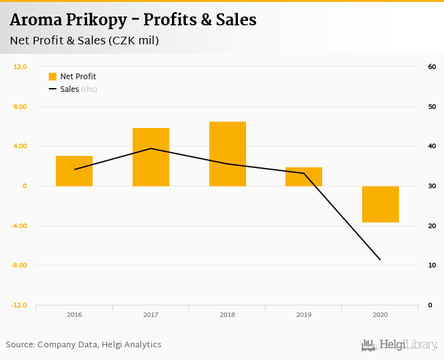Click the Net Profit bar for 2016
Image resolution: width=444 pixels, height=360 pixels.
tap(74, 171)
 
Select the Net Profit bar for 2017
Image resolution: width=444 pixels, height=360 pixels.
tap(151, 157)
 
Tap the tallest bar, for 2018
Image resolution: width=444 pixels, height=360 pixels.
tap(228, 154)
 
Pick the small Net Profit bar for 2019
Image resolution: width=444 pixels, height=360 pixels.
tap(304, 177)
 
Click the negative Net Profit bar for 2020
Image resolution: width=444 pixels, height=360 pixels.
tap(381, 204)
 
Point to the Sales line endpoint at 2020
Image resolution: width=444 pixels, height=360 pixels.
tap(381, 260)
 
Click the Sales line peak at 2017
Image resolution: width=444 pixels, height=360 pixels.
tap(151, 148)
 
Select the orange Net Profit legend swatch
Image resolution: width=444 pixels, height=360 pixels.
tap(53, 77)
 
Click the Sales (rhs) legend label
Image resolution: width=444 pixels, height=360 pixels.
tap(78, 89)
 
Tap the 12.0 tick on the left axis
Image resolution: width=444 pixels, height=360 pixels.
tap(20, 67)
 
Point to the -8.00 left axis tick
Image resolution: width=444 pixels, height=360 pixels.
tap(20, 265)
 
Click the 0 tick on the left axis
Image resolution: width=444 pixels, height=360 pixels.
tap(25, 186)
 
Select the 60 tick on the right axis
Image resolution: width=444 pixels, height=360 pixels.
tap(431, 67)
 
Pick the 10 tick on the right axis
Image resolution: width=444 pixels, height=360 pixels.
tap(431, 265)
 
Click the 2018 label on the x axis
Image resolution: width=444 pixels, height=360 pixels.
tap(228, 314)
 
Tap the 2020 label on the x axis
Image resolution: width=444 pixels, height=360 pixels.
tap(381, 314)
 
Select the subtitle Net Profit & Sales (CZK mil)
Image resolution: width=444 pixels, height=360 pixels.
tap(84, 41)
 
